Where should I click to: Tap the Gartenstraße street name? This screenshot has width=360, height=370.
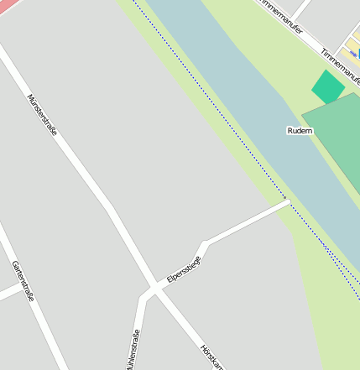coord(23,281)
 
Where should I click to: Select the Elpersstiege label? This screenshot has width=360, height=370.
coord(184,268)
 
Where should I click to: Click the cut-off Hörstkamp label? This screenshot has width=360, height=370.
coord(212,356)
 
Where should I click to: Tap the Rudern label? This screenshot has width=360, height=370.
coord(300,131)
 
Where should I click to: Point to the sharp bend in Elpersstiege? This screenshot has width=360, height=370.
coord(204,243)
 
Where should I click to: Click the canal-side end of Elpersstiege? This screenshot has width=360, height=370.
coord(286,201)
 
